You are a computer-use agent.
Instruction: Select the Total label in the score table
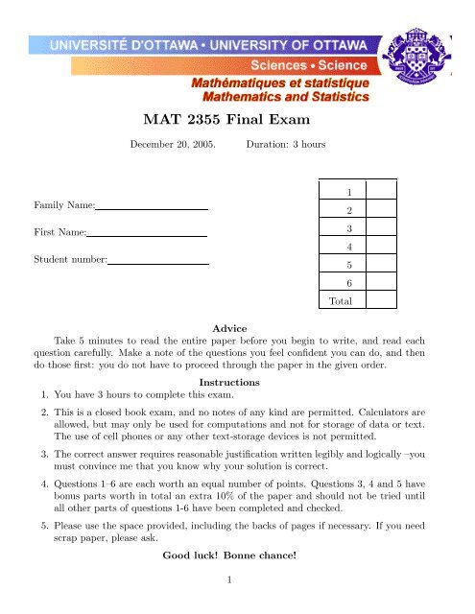coord(341,302)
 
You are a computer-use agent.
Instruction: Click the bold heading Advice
coord(238,328)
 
